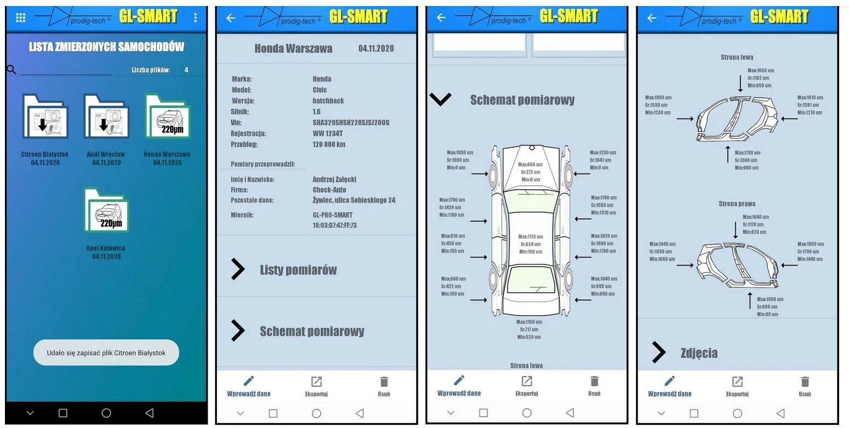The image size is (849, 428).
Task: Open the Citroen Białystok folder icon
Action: coord(45,116)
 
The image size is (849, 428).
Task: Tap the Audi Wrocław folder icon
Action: coord(106,116)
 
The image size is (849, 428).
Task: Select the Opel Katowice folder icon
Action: coord(106,210)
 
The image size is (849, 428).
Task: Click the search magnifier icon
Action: coord(11,70)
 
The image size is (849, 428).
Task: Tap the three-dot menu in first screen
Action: coord(195,18)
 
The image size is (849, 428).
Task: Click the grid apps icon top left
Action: coord(21,18)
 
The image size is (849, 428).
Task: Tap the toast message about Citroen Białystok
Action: coord(106,352)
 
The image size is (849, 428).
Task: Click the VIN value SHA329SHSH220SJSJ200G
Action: coord(351,123)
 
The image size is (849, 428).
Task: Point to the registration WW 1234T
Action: coord(328,134)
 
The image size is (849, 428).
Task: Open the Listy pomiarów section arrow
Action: coord(238,269)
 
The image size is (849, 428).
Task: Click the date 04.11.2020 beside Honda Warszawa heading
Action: coord(376,48)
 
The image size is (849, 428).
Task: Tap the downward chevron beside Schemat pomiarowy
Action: coord(440,99)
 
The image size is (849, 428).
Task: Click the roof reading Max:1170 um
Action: coord(530,237)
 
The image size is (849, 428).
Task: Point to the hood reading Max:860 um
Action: coord(530,165)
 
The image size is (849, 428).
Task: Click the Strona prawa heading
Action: coord(737,204)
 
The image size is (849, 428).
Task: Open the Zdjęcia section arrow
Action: coord(659,352)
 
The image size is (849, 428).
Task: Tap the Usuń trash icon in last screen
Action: coord(805,381)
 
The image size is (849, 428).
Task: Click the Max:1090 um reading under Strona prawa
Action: coord(770,299)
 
